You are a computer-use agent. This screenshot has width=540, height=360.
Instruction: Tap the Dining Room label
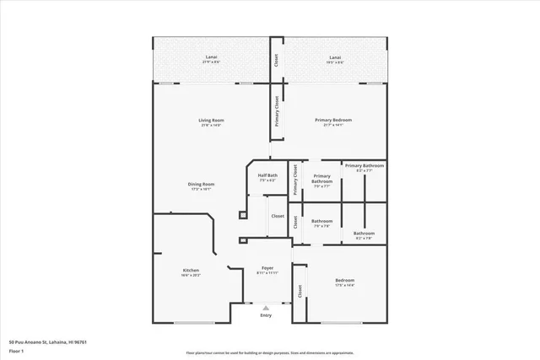click(201, 184)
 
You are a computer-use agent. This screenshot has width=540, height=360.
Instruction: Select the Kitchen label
click(191, 271)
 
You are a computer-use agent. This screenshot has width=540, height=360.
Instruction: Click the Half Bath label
click(267, 175)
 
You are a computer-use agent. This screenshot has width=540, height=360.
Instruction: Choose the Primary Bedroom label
click(333, 121)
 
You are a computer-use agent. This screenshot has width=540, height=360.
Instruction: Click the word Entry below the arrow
click(266, 315)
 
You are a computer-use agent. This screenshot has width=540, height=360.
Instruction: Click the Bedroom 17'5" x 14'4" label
click(345, 281)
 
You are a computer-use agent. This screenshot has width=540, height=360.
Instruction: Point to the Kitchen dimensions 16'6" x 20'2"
click(191, 276)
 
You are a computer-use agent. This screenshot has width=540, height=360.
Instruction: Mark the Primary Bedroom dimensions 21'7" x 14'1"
click(333, 126)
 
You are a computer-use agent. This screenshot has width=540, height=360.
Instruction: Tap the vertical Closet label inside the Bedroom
click(300, 291)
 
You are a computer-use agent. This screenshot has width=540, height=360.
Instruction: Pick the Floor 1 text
click(16, 350)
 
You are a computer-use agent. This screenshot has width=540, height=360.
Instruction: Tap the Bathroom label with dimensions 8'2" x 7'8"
click(364, 234)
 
